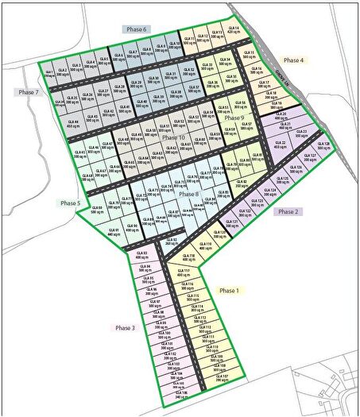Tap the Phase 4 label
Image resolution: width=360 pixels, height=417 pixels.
[293, 60]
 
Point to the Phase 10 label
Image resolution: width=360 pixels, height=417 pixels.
[173, 137]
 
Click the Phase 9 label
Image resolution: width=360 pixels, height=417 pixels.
[234, 118]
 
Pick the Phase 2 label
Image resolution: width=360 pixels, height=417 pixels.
[287, 211]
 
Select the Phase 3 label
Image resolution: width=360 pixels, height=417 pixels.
[126, 327]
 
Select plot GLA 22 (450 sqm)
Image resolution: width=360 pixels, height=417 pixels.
[279, 145]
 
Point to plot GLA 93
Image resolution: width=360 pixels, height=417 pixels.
[142, 256]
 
